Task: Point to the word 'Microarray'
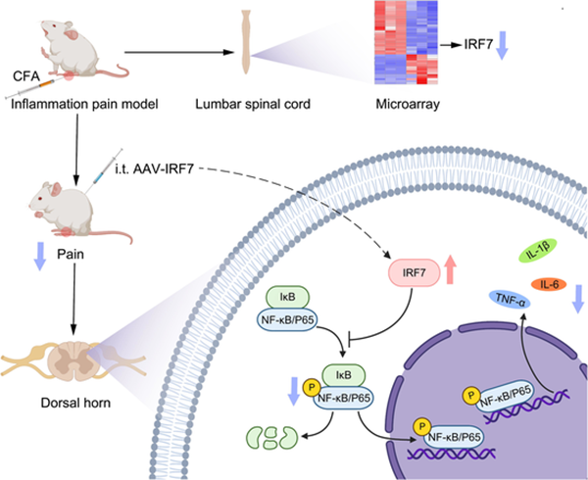tap(401, 102)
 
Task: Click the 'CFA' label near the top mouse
tap(24, 72)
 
